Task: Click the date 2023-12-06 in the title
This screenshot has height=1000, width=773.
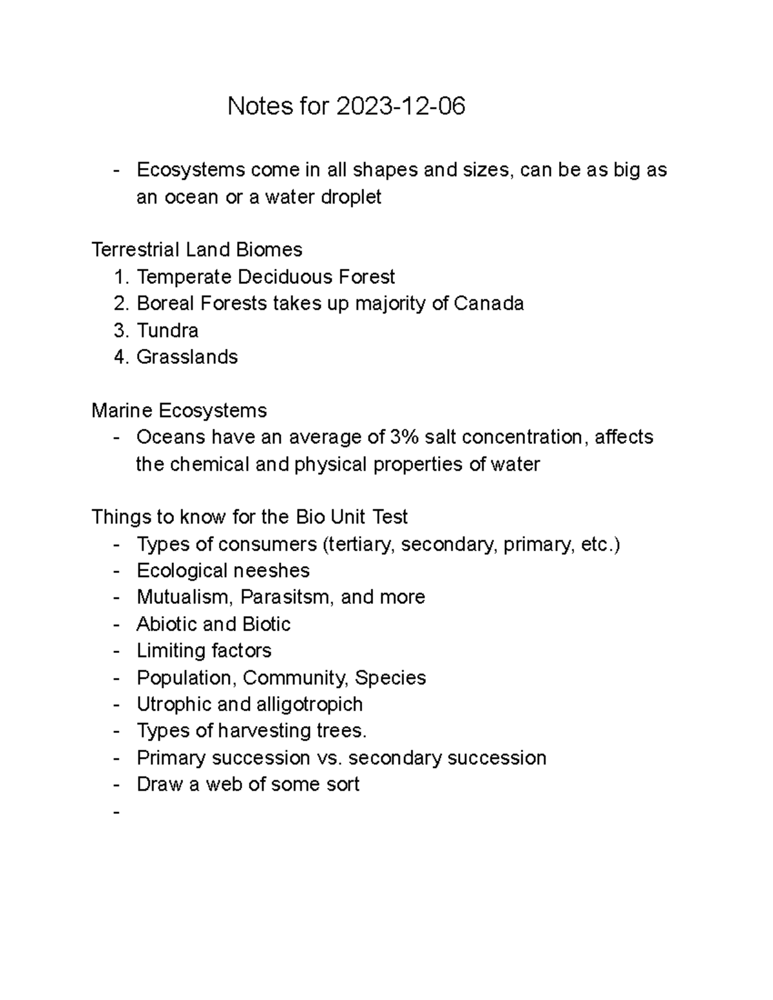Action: (400, 106)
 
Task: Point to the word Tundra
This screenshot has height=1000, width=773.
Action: (167, 330)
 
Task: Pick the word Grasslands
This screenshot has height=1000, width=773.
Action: (187, 357)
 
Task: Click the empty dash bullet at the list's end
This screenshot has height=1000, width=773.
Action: (117, 812)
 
